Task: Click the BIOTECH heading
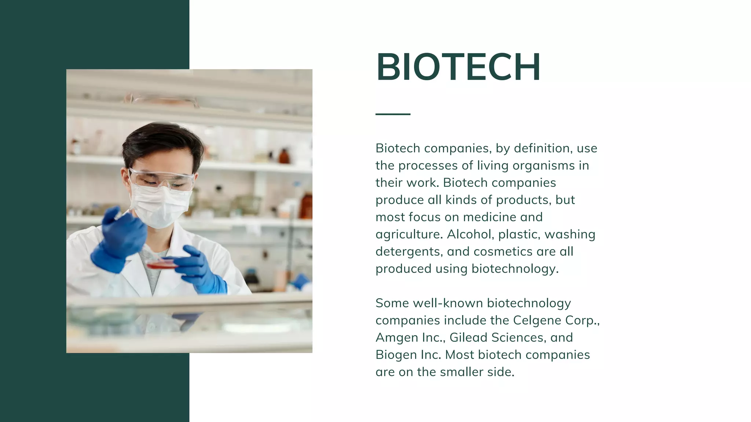point(458,67)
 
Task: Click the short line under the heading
point(393,114)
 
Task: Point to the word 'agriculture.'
point(409,234)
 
